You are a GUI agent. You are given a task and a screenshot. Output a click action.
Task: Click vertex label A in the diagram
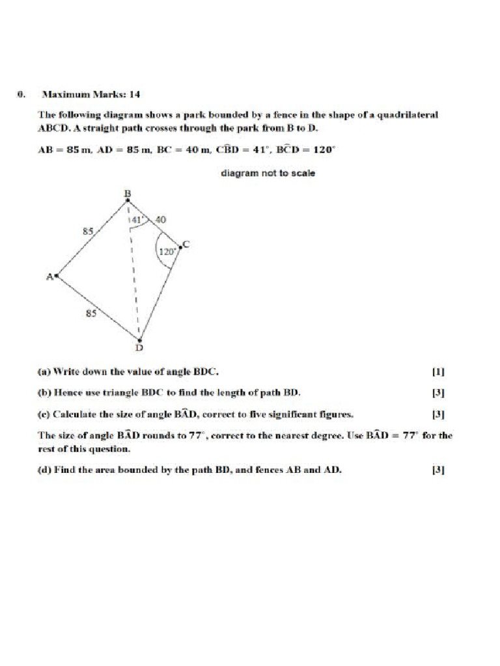[x=49, y=276]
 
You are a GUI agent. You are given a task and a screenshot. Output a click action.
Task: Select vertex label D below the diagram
[x=139, y=348]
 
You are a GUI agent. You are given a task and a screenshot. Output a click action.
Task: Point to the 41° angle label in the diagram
[x=137, y=220]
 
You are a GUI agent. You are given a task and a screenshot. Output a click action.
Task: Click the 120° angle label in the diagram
[x=167, y=251]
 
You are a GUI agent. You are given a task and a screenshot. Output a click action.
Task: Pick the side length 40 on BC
[x=161, y=220]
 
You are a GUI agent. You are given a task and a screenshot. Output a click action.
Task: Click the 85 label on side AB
[x=87, y=230]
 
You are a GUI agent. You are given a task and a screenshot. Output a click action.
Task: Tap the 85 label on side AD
[x=92, y=313]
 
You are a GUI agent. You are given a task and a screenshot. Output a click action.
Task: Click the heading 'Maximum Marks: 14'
[x=91, y=94]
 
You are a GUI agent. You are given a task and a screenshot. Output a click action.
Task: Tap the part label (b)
[x=44, y=393]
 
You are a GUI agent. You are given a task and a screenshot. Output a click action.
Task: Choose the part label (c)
[x=44, y=414]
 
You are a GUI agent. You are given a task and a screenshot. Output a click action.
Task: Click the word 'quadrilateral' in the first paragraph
[x=408, y=114]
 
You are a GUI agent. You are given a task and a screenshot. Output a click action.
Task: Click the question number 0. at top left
[x=21, y=94]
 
